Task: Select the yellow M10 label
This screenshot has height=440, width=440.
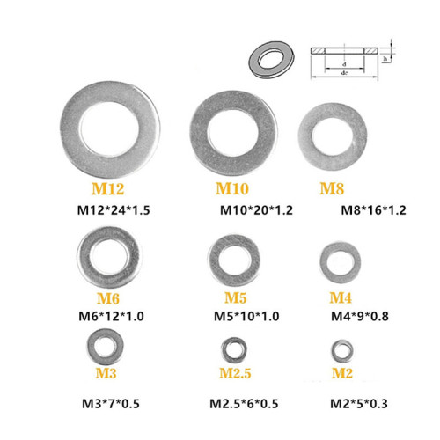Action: tap(232, 188)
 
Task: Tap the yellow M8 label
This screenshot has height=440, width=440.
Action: tap(331, 188)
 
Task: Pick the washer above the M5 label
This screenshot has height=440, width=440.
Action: tap(234, 259)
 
